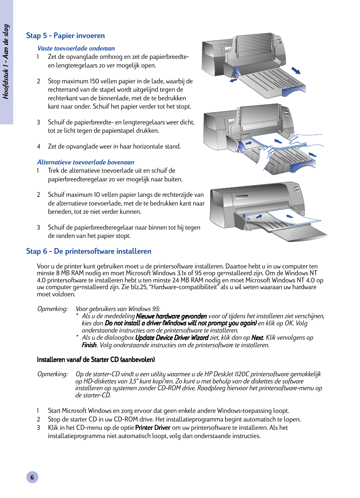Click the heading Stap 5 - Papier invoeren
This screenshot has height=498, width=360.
pos(65,35)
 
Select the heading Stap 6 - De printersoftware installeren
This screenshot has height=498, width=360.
pos(88,251)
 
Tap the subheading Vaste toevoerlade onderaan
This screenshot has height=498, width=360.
pos(76,48)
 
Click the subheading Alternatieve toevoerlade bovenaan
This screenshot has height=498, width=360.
pos(85,162)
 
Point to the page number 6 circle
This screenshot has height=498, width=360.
pos(32,477)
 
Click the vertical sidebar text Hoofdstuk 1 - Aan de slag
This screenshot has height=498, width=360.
pos(6,61)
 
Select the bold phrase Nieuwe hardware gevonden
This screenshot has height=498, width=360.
pos(171,316)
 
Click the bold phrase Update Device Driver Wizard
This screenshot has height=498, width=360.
pos(171,338)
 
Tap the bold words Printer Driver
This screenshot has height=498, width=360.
pos(152,428)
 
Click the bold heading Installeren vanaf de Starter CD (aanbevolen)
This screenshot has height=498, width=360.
pos(95,360)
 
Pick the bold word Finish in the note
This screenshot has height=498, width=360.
pos(89,345)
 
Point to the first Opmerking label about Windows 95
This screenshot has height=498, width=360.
pos(52,309)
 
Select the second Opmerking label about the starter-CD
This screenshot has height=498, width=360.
pos(52,374)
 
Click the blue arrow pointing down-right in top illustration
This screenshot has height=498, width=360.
pos(296,71)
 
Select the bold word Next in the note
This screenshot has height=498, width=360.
pos(257,338)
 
